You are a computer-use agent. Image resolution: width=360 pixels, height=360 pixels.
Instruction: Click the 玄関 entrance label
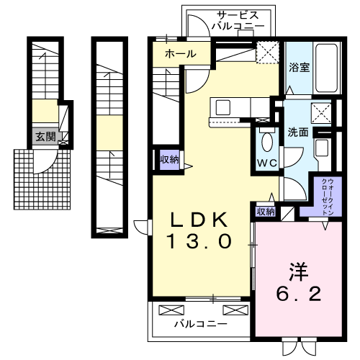point(46,137)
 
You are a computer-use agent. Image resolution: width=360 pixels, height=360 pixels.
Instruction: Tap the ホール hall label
point(181,54)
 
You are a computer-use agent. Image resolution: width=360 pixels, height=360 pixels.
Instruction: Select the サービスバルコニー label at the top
point(238,20)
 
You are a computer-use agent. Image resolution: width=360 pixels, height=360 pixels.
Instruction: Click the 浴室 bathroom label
point(299,68)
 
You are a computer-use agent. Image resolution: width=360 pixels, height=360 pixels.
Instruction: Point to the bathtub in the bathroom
point(327,68)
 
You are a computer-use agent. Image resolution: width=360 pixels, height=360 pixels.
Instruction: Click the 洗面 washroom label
point(298,132)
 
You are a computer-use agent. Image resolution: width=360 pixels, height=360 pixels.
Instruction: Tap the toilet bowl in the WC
point(267,141)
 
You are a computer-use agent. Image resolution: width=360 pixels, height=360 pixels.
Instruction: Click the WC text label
point(267,163)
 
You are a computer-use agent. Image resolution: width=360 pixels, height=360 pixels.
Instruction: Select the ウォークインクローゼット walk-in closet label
point(328,197)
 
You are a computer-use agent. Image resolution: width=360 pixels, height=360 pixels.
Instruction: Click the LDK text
point(199,220)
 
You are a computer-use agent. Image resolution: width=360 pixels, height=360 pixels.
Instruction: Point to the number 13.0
point(199,241)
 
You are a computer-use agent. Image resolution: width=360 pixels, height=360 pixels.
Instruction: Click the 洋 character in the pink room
point(299,272)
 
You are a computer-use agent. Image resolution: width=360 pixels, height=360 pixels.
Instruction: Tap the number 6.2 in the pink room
point(299,294)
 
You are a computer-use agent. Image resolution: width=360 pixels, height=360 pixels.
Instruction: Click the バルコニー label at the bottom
point(200,325)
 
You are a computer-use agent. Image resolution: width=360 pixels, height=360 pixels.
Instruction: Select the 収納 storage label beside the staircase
point(170,160)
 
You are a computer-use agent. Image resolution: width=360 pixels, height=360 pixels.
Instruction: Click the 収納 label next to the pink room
point(266,212)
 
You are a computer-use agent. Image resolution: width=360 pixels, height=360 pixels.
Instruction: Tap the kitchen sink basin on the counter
point(223,107)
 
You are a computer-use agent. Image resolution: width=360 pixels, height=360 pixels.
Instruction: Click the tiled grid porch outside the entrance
point(42,179)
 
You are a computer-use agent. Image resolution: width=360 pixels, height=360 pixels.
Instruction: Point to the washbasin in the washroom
point(322,148)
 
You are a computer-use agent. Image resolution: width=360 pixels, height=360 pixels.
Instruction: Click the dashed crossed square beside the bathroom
point(268,53)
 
